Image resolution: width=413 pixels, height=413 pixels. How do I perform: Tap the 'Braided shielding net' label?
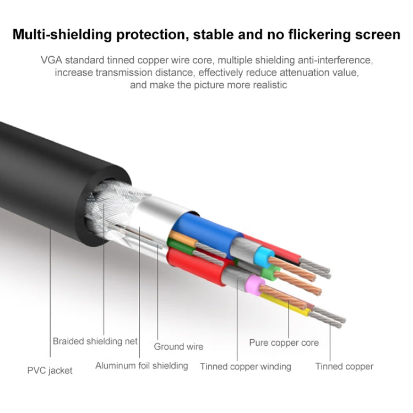coord(95,341)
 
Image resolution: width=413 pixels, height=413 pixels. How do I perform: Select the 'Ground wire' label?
coord(178,346)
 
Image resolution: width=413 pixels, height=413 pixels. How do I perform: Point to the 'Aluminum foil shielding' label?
coord(142,365)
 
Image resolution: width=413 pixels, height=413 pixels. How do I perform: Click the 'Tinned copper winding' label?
coord(245,366)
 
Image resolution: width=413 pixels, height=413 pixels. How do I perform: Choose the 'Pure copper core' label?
coord(284,343)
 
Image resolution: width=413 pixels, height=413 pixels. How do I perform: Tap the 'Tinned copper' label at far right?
coord(344,366)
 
